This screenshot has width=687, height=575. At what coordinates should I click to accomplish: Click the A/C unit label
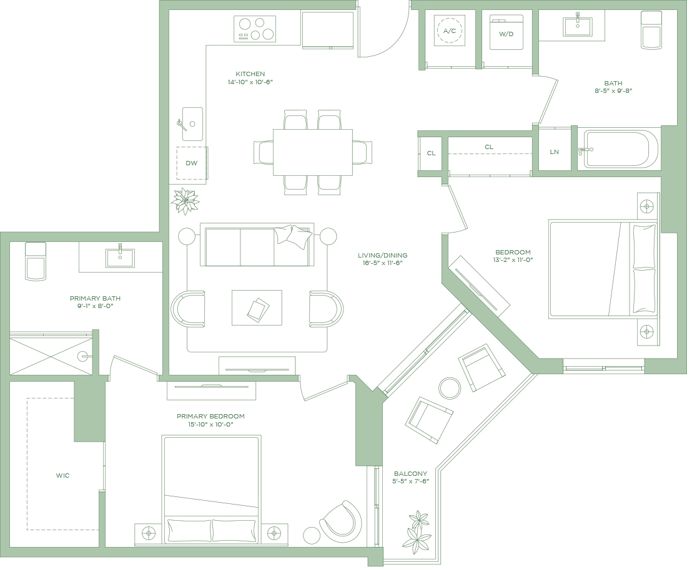tap(450, 31)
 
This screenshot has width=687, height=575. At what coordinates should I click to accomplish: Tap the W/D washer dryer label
tap(506, 34)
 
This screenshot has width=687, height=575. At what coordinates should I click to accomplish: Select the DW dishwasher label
tap(192, 163)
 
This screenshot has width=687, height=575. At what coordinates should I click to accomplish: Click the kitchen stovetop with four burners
tap(255, 29)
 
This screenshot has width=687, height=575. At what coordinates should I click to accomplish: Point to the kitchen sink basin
tap(192, 124)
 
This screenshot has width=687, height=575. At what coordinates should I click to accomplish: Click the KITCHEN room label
tap(250, 74)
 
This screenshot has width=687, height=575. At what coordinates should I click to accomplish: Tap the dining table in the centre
tap(313, 152)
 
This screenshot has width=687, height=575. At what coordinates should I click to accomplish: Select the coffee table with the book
tap(257, 307)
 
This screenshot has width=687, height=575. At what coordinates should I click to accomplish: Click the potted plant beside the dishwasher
tap(185, 201)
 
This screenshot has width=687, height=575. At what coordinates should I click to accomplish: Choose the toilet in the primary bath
tap(36, 261)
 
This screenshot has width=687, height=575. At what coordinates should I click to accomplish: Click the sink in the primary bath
tap(120, 258)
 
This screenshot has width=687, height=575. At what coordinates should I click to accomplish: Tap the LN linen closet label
tap(554, 152)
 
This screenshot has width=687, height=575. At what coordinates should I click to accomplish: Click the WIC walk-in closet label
tap(62, 475)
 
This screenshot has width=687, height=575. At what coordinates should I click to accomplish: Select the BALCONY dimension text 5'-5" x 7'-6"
tap(410, 481)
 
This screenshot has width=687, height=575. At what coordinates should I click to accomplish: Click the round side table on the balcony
tap(450, 388)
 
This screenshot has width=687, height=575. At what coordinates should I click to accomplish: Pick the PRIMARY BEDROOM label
tap(210, 416)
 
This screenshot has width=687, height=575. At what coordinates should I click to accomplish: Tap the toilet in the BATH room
tap(651, 30)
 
